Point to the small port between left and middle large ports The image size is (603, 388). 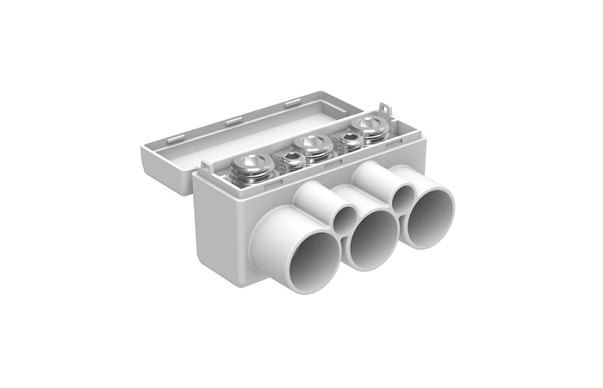point(346,218)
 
